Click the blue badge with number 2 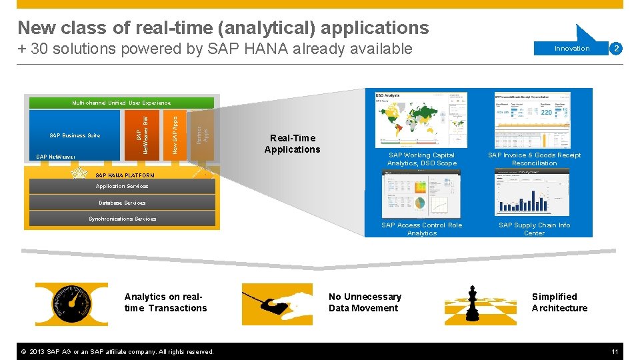(x=617, y=48)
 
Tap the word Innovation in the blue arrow (x=572, y=48)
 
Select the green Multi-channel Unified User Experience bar (x=121, y=103)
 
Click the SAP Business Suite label (x=75, y=135)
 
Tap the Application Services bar (x=121, y=187)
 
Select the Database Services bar (x=121, y=203)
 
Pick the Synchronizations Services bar (x=121, y=219)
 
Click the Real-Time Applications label (x=292, y=144)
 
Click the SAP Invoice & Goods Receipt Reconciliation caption (x=534, y=159)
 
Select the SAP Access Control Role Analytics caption (x=421, y=229)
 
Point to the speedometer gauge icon (x=71, y=304)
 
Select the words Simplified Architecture (x=559, y=302)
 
